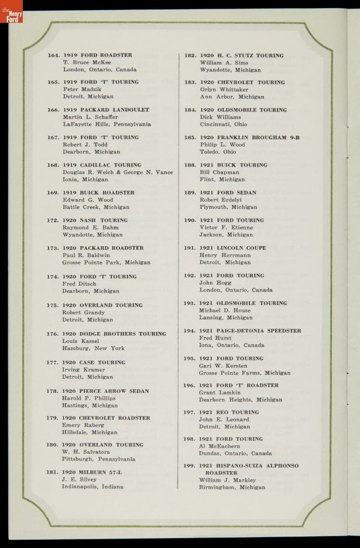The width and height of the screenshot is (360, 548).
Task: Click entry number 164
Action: click(53, 55)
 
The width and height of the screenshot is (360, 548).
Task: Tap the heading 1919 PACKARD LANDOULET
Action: click(106, 110)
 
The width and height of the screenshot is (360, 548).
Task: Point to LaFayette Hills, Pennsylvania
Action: click(107, 124)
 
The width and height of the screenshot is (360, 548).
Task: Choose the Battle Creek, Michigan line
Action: click(96, 207)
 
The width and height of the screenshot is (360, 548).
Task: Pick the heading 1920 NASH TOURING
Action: click(95, 220)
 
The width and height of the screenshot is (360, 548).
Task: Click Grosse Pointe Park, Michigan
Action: click(106, 263)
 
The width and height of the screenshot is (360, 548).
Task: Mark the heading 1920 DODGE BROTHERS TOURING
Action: click(114, 334)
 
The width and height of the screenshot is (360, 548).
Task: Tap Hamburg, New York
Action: click(93, 348)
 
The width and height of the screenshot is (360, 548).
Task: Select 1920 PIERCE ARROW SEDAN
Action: click(105, 391)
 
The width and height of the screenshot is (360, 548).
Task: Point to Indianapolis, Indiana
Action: click(93, 486)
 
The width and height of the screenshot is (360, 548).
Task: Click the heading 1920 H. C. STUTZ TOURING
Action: click(241, 56)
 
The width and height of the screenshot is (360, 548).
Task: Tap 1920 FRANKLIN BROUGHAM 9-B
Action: click(250, 137)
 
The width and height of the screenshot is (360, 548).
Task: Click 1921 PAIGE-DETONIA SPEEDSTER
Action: click(250, 331)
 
